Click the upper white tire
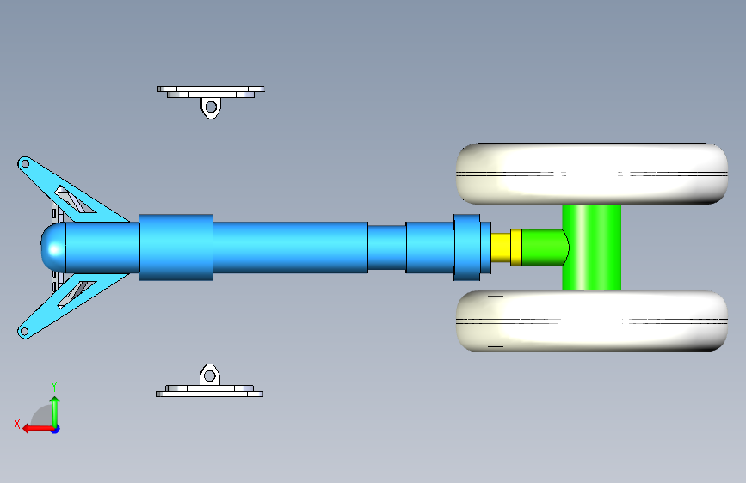pos(592,174)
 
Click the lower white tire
pos(592,321)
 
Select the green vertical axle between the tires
pos(591,248)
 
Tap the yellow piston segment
pos(501,248)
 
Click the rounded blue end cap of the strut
pos(53,248)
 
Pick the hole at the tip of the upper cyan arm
pos(25,164)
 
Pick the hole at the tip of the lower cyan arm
pos(24,332)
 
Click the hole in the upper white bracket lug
pos(211,107)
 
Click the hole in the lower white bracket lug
pos(209,376)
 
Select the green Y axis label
pos(54,387)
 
